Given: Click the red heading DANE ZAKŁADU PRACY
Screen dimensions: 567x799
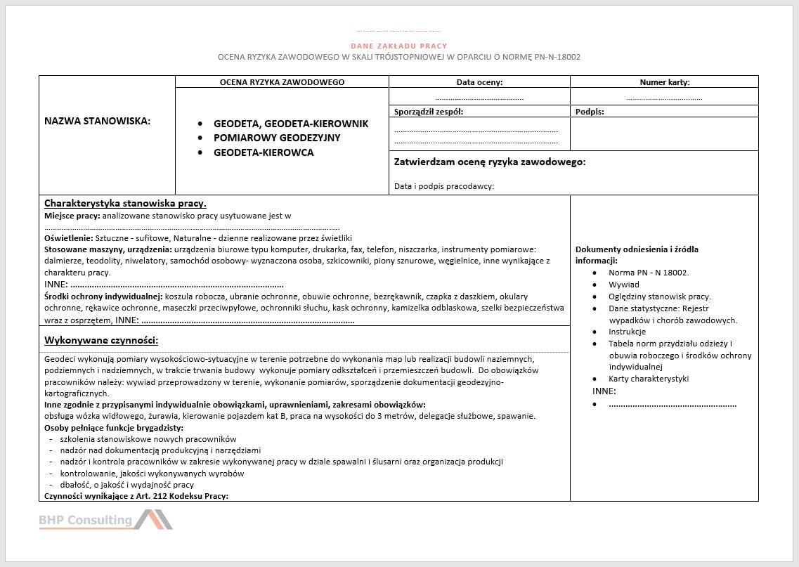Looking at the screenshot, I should pyautogui.click(x=399, y=46).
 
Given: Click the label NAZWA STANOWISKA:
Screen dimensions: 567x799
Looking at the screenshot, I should pyautogui.click(x=98, y=121).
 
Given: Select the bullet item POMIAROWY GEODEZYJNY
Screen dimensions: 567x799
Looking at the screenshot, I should pyautogui.click(x=277, y=138).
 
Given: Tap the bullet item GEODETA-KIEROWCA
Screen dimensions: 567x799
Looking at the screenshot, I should pyautogui.click(x=264, y=152).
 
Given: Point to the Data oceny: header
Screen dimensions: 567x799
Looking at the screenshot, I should pyautogui.click(x=479, y=82).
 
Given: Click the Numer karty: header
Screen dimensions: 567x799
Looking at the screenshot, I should pyautogui.click(x=664, y=82).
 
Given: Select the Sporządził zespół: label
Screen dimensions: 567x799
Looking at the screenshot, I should pyautogui.click(x=429, y=111).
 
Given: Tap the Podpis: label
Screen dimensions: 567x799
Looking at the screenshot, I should pyautogui.click(x=590, y=111).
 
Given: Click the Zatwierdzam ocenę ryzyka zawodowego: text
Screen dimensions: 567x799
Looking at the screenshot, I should pyautogui.click(x=490, y=162).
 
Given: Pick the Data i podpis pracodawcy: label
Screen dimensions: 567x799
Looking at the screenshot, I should pyautogui.click(x=444, y=186).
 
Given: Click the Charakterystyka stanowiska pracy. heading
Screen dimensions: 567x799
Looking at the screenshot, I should pyautogui.click(x=125, y=204).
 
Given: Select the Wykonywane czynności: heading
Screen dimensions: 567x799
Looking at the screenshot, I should pyautogui.click(x=101, y=341).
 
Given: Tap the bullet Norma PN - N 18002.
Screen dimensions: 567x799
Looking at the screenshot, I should pyautogui.click(x=649, y=273).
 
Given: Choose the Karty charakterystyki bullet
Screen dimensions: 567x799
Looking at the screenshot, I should pyautogui.click(x=649, y=379).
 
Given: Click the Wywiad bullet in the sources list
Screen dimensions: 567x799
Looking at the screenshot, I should pyautogui.click(x=624, y=285).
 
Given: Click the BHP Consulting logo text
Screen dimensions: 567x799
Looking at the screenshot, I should pyautogui.click(x=85, y=520).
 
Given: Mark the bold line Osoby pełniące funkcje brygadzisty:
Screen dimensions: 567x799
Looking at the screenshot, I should pyautogui.click(x=114, y=427).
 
